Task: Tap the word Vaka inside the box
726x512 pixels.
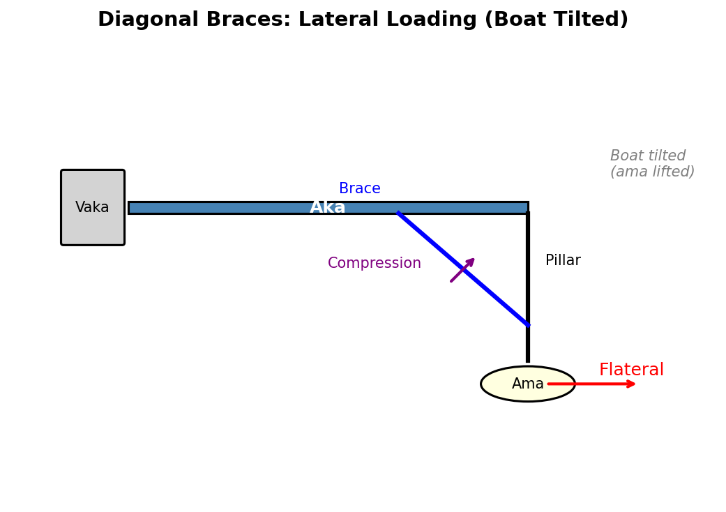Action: pyautogui.click(x=93, y=208)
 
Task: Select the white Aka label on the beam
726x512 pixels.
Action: pyautogui.click(x=328, y=208)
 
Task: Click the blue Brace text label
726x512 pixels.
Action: pyautogui.click(x=360, y=189)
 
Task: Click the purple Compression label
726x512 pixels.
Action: pyautogui.click(x=375, y=264)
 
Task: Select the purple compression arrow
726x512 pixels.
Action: pyautogui.click(x=462, y=270)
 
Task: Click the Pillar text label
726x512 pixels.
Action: pyautogui.click(x=563, y=261)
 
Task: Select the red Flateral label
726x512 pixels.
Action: pyautogui.click(x=631, y=370)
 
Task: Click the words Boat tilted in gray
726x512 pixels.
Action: pyautogui.click(x=648, y=156)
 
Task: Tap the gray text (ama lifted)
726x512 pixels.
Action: pyautogui.click(x=652, y=172)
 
